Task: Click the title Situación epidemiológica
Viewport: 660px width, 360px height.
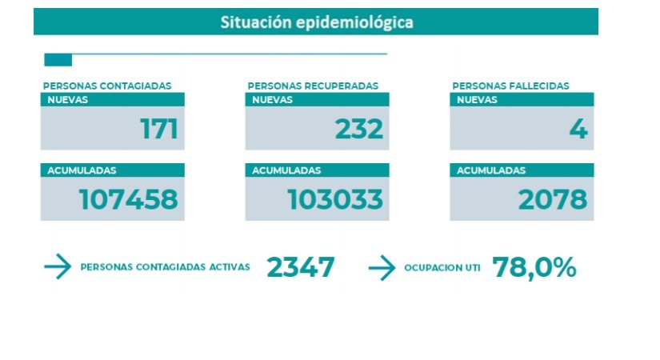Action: pyautogui.click(x=317, y=22)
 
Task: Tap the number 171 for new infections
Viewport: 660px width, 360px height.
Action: pyautogui.click(x=158, y=129)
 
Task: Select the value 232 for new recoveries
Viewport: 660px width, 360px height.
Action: pyautogui.click(x=359, y=129)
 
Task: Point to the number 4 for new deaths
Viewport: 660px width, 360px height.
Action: pyautogui.click(x=578, y=129)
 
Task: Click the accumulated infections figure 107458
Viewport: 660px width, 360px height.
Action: pyautogui.click(x=128, y=200)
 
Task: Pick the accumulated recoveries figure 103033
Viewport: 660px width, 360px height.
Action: pyautogui.click(x=335, y=200)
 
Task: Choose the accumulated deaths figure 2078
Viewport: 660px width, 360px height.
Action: pyautogui.click(x=553, y=200)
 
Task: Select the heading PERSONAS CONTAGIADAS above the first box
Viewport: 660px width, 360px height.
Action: pyautogui.click(x=107, y=86)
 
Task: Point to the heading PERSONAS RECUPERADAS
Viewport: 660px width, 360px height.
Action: pyautogui.click(x=313, y=86)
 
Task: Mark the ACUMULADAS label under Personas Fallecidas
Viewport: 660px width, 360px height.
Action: pyautogui.click(x=491, y=170)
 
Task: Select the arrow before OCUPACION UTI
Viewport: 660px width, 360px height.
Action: pyautogui.click(x=382, y=268)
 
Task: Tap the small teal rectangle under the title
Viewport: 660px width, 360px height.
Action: pyautogui.click(x=58, y=60)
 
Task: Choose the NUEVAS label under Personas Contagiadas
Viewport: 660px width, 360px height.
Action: pyautogui.click(x=67, y=100)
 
